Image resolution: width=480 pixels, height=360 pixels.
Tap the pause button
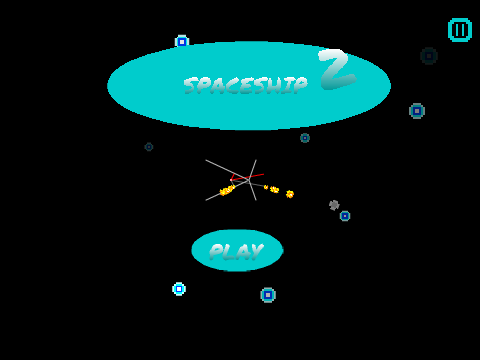point(460,30)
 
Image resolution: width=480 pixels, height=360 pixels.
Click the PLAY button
point(237,250)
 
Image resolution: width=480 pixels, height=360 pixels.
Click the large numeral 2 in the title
point(337,69)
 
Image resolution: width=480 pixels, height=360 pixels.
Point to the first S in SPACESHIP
point(190,85)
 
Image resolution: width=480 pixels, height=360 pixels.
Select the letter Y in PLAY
point(256,251)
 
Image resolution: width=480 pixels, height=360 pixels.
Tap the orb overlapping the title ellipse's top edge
point(182,42)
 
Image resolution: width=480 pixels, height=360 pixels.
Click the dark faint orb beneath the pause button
point(429,56)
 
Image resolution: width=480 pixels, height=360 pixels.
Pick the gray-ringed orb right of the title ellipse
point(417,111)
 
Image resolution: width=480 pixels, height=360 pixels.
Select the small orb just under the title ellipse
point(305,138)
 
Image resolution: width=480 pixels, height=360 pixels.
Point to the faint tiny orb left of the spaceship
point(149,147)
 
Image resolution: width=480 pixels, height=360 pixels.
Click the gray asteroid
point(334,205)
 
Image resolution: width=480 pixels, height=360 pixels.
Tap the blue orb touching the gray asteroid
point(345,216)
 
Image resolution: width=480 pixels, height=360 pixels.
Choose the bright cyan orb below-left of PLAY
point(179,289)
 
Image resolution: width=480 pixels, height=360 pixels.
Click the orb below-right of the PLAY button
point(268,295)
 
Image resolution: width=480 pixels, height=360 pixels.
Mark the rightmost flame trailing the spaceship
point(290,194)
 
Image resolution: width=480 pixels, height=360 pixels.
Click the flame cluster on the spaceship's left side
point(227,190)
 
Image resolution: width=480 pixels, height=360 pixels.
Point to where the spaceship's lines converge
point(249,180)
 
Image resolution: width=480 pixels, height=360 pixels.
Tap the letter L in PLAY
point(228,252)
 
